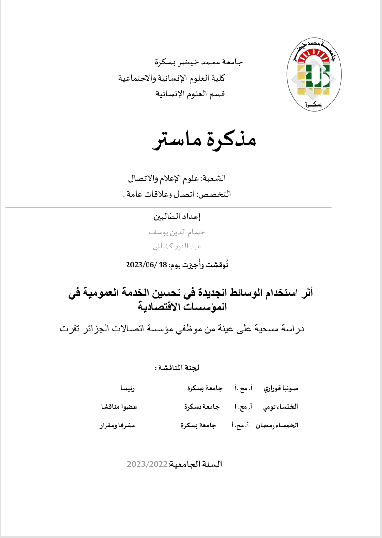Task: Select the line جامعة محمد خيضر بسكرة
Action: click(199, 62)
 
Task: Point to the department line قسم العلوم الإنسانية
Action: click(191, 93)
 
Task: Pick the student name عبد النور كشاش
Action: click(177, 247)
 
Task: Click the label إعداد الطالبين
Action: click(176, 216)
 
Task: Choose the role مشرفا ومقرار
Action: click(117, 425)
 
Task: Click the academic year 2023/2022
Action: click(148, 464)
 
